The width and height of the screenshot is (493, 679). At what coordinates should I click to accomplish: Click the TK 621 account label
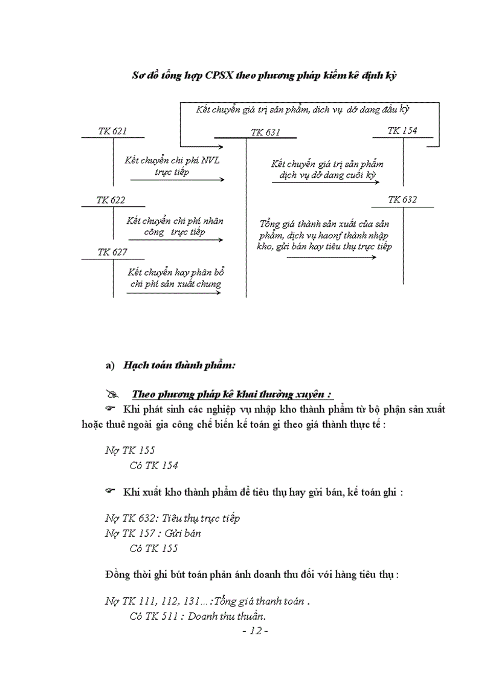point(112,131)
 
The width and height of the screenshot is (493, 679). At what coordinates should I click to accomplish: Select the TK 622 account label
point(111,200)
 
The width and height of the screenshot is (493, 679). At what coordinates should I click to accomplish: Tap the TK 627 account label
point(112,252)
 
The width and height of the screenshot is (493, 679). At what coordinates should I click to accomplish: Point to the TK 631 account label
point(265,132)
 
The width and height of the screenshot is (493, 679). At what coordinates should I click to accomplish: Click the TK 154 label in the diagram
point(402,131)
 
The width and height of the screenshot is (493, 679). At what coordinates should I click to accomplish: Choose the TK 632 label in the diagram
point(402,200)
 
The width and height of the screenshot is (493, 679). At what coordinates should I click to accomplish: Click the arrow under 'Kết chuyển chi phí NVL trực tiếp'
point(176,180)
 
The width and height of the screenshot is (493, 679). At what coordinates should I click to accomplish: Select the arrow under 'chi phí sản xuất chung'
point(173,293)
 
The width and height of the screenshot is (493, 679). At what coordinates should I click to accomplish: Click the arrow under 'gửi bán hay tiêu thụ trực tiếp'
point(331,258)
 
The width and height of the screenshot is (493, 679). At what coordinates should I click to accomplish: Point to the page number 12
point(254,631)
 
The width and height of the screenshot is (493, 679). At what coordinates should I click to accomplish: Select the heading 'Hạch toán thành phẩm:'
point(179,365)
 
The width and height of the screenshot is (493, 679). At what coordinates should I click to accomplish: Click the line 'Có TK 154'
point(153,465)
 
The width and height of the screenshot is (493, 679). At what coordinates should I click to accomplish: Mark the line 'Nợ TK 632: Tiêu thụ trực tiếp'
point(172,518)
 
